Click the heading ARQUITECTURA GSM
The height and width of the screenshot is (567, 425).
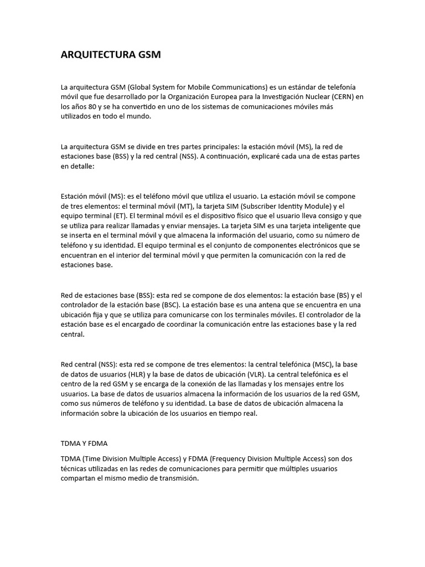(111, 55)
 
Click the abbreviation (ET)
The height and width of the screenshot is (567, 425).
(112, 216)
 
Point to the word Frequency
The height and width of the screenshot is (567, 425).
(231, 459)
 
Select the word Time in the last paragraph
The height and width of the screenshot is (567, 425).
(92, 459)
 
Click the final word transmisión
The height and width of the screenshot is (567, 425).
(177, 479)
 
